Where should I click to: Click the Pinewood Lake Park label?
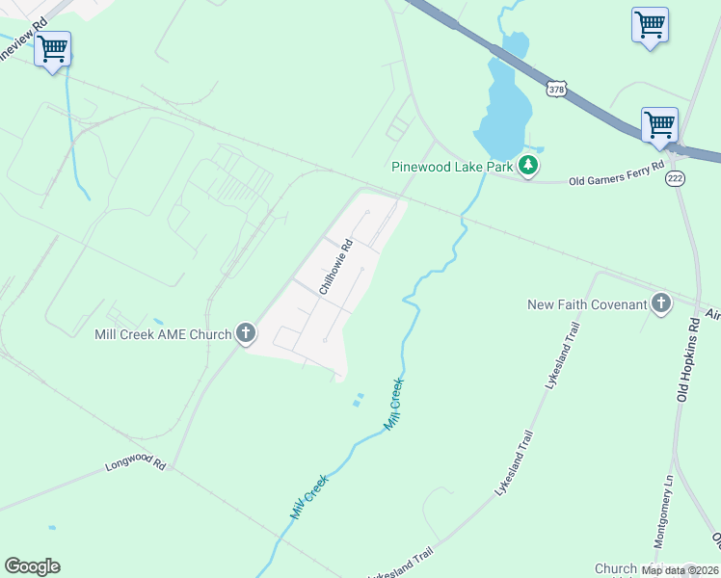pos(452,167)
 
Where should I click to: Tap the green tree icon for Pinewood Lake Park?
pos(527,166)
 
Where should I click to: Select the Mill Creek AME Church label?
pos(163,334)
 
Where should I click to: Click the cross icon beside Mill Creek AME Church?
pos(246,334)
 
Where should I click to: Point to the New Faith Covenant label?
pos(587,304)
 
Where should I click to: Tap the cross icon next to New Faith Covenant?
pos(660,303)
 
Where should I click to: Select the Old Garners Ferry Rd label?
pos(617,173)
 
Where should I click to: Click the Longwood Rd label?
pos(134,466)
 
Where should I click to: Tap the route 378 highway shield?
pos(556,89)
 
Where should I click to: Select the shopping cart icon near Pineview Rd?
pos(52,48)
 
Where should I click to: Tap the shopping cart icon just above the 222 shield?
pos(659,124)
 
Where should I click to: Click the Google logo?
pos(32,566)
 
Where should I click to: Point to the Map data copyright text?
pos(679,570)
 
